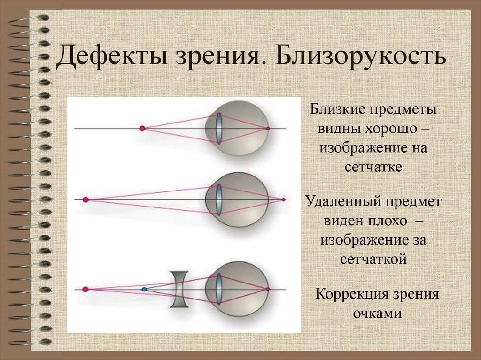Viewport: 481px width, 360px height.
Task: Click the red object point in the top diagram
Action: click(142, 128)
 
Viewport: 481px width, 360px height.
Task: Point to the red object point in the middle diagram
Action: click(85, 199)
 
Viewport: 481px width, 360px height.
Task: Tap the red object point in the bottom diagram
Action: click(85, 289)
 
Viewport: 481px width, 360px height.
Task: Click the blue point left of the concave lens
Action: click(144, 289)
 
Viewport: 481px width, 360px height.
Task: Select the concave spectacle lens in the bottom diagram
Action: click(179, 289)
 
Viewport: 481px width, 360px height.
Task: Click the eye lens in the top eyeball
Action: click(219, 127)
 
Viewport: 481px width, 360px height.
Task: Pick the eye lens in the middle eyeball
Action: click(218, 199)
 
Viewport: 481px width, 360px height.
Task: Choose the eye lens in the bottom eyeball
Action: click(218, 289)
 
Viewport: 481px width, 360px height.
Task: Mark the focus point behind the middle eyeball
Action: click(283, 199)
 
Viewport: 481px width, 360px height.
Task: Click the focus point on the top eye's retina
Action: click(268, 128)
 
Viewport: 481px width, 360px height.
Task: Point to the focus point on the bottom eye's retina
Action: click(268, 289)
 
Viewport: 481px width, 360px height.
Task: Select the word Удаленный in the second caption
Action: click(343, 203)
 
